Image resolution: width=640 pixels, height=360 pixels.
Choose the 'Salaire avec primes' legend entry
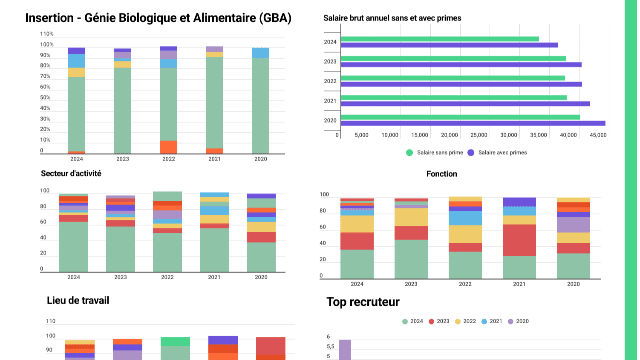[501, 152]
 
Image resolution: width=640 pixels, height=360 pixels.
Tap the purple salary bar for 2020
[471, 123]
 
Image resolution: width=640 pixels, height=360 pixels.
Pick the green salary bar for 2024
[439, 39]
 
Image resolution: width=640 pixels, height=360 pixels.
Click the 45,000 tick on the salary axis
[597, 135]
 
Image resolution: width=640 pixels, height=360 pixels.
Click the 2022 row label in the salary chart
[330, 80]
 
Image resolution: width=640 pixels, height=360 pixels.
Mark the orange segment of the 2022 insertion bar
[168, 147]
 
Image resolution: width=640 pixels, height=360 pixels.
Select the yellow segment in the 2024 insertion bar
[76, 72]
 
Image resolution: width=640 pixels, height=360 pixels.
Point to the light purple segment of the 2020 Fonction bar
[573, 225]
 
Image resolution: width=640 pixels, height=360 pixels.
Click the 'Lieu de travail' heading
[77, 300]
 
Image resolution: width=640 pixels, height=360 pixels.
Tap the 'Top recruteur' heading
[363, 300]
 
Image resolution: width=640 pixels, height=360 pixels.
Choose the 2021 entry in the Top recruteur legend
[493, 321]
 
